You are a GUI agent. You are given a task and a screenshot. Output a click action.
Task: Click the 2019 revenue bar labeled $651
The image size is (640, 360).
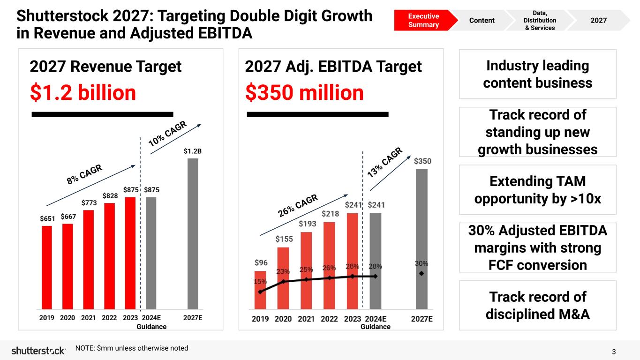pos(47,267)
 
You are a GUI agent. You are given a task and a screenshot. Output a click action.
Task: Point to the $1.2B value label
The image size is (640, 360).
pos(193,151)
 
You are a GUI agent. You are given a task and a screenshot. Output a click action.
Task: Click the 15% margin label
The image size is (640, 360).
pos(260,282)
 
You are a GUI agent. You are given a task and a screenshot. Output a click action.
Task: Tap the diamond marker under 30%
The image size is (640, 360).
pos(421,273)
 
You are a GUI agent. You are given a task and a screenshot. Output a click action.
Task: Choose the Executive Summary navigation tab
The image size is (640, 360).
pos(423,20)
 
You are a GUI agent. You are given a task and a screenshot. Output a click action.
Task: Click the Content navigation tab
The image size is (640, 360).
pos(482,20)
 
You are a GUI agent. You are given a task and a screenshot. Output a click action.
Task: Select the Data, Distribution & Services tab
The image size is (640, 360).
pos(540,21)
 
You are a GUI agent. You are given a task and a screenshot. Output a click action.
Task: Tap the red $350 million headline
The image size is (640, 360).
pos(304,93)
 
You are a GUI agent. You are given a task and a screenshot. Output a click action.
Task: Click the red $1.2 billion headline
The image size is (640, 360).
pos(83,93)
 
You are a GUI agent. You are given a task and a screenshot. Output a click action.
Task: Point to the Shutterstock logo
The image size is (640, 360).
pos(38,351)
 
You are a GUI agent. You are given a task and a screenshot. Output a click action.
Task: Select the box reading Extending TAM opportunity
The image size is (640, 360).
pos(537,190)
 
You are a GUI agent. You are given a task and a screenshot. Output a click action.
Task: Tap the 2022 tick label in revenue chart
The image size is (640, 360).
pos(109,317)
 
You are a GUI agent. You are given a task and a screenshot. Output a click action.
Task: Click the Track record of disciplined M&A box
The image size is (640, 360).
pos(537,305)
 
